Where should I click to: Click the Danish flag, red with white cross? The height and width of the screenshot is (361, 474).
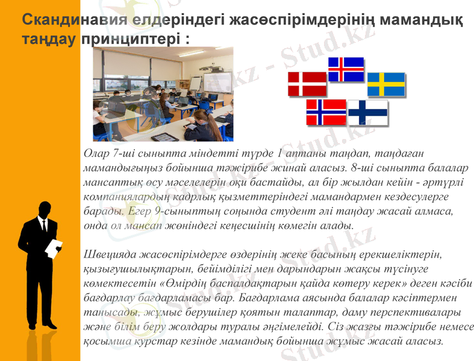(307, 84)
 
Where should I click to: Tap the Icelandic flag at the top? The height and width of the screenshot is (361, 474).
(346, 69)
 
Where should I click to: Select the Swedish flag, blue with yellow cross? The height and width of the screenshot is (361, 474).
(386, 84)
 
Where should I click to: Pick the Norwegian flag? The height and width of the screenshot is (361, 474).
(326, 112)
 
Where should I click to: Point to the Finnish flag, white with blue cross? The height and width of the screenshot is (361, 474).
(367, 113)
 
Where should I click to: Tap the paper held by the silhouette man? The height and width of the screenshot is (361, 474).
(55, 247)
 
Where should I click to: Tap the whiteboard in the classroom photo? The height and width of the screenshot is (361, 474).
(216, 81)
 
